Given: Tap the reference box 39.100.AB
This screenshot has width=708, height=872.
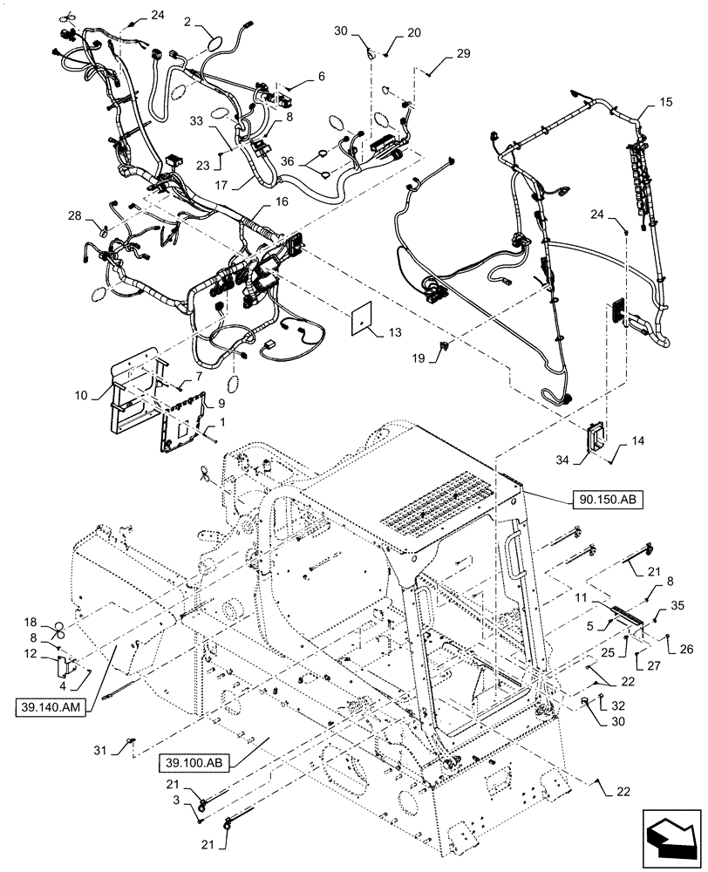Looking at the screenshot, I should tap(193, 764).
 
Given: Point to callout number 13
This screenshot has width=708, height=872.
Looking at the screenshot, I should tap(396, 332).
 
